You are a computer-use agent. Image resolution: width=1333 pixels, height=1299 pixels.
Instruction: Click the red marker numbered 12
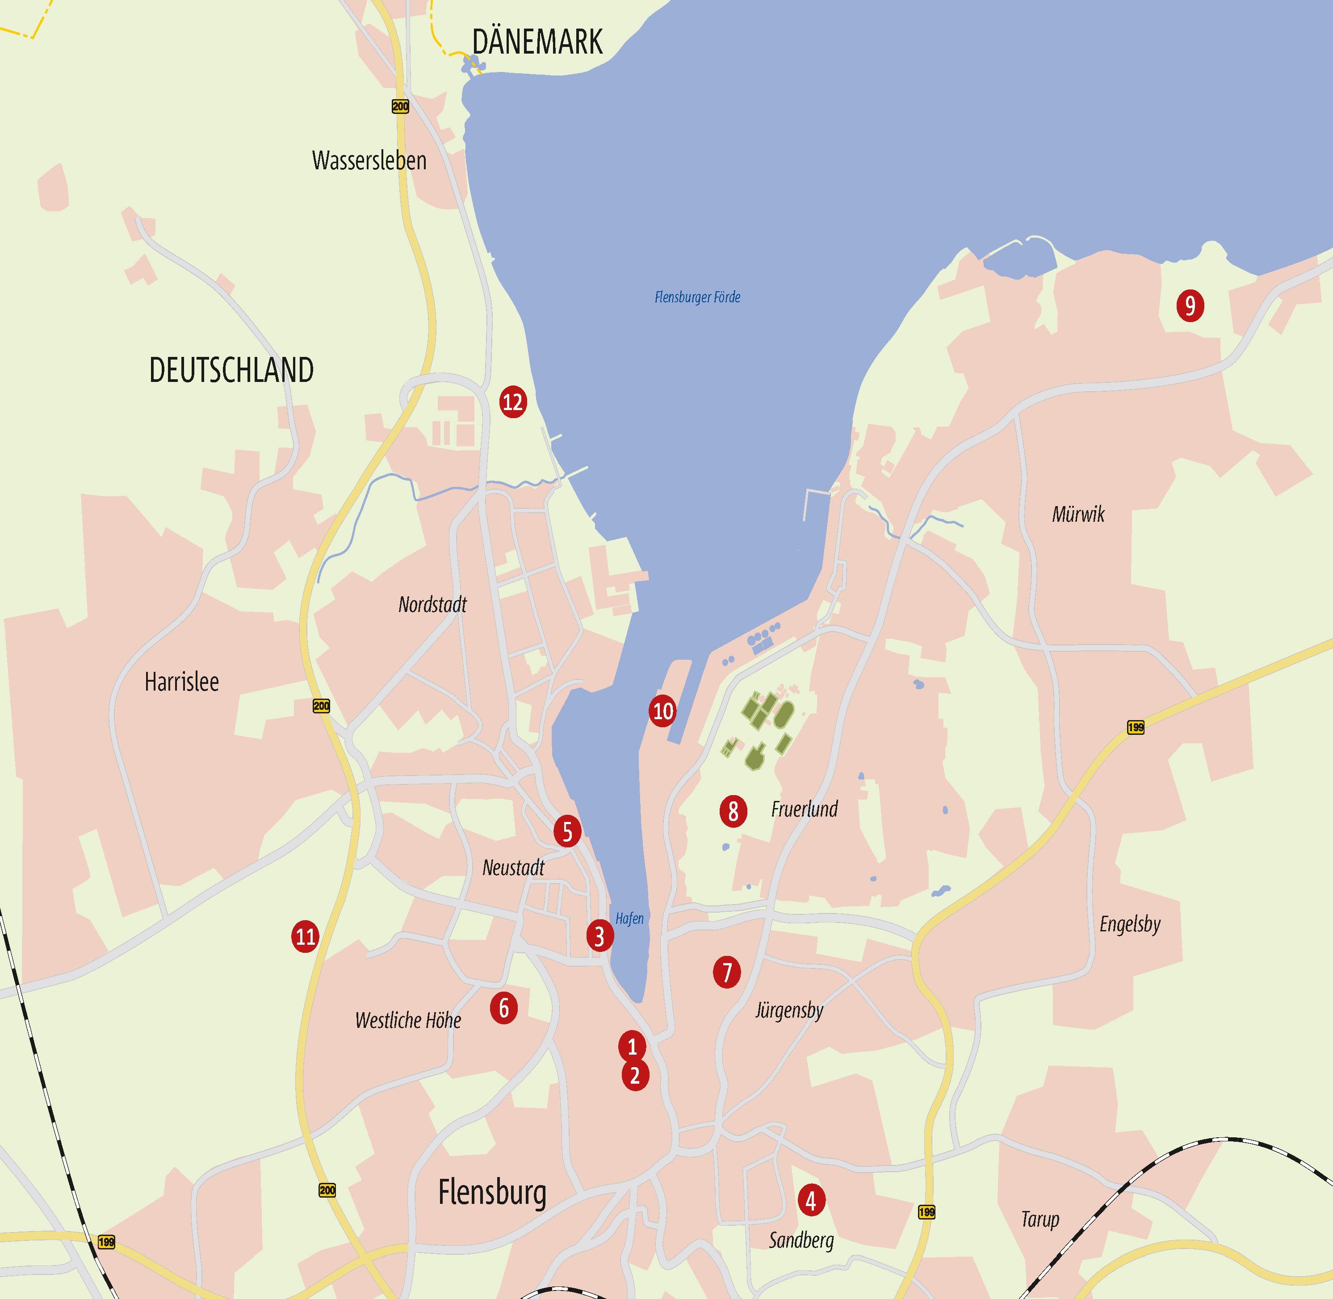pos(512,402)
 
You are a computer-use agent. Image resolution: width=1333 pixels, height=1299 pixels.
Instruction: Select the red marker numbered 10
pos(662,712)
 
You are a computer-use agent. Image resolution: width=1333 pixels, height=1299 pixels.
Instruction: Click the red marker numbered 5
pos(567,832)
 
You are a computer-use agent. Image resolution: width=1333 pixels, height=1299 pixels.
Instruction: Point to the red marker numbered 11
pos(305,936)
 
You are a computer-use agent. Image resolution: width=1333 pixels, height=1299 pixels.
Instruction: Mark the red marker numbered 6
pos(503,1008)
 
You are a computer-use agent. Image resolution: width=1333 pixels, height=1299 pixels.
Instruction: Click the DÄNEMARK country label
pos(537,42)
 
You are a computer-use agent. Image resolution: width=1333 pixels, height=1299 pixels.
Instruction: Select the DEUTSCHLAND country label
pos(231,370)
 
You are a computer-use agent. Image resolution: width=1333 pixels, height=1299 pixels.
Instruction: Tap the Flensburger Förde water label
pos(697,298)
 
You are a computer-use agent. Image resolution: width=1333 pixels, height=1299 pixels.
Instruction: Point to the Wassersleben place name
pos(369,161)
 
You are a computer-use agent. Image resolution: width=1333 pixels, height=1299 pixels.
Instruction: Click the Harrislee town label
pos(181,682)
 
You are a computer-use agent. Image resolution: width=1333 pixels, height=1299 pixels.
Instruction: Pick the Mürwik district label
pos(1078,515)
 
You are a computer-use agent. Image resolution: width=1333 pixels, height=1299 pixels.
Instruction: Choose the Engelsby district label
pos(1130,925)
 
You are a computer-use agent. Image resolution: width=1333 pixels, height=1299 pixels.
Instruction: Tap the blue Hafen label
pos(629,919)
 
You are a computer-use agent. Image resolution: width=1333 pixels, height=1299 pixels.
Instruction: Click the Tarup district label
pos(1040,1219)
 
